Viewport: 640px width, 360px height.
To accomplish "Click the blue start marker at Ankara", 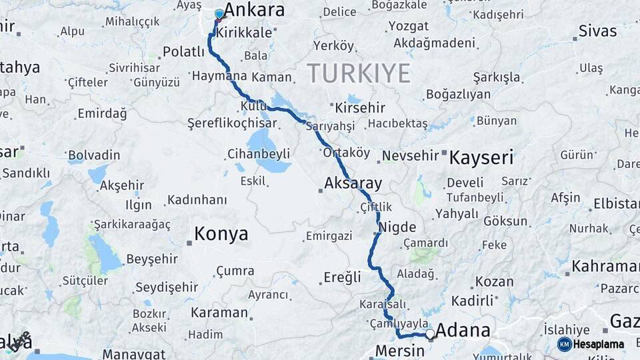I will click(x=219, y=14).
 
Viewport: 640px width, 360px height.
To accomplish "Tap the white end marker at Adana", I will click(x=430, y=333).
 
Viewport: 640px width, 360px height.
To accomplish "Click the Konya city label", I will click(x=221, y=234).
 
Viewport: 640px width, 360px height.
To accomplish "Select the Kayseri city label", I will click(x=481, y=158).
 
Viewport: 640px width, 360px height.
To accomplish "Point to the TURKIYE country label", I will click(x=359, y=73).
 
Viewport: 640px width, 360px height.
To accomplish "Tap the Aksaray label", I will click(x=353, y=183).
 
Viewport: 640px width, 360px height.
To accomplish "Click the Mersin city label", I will click(x=400, y=351).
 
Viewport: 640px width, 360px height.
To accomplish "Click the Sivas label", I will click(x=598, y=31).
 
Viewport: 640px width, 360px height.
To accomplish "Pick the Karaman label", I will click(x=219, y=313).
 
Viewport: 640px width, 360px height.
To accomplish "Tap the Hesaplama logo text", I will click(x=599, y=345).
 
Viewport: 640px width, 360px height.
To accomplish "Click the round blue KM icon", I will click(x=565, y=345).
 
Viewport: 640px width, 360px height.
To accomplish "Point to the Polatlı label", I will click(x=183, y=52).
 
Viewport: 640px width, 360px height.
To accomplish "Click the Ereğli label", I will click(x=342, y=277).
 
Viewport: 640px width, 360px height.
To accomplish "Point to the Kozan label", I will click(x=495, y=282).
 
